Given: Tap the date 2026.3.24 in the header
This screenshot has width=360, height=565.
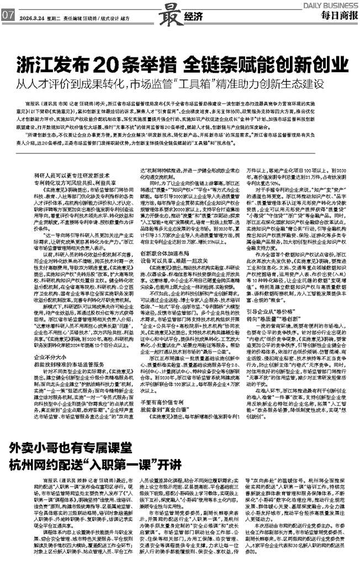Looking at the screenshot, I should pos(30,17).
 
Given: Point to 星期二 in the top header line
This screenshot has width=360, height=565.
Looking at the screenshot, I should pos(54,17).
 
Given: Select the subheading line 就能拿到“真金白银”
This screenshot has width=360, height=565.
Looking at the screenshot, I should pos(166,409).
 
